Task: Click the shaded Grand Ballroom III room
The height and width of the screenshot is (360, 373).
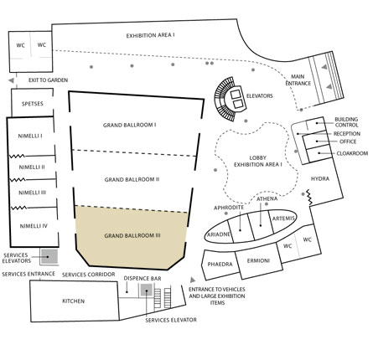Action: tap(132, 237)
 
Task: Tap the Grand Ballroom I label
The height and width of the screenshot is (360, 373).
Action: tap(130, 125)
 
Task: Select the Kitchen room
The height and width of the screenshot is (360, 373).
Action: tap(75, 301)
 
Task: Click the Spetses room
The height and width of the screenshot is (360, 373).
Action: tap(32, 103)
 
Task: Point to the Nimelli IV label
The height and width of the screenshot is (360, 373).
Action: tap(34, 226)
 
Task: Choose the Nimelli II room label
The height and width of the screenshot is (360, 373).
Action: tap(32, 167)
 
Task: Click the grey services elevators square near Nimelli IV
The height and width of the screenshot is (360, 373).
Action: tap(49, 256)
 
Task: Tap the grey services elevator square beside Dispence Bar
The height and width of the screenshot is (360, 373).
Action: tap(146, 291)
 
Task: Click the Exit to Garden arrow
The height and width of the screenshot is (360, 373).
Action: tap(11, 80)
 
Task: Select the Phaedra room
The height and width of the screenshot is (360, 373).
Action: tap(220, 265)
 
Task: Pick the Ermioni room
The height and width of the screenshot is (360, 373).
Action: tap(259, 260)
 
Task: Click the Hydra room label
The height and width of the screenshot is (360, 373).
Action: tap(320, 178)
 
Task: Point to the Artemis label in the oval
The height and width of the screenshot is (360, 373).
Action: tap(283, 219)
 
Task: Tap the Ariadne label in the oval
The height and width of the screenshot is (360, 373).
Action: tap(219, 234)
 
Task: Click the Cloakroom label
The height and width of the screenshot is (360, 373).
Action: tap(352, 153)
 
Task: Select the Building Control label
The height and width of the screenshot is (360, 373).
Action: tap(346, 122)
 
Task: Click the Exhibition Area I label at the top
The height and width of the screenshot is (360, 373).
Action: tap(150, 36)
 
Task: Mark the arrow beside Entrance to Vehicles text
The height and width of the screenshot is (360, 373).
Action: tap(193, 280)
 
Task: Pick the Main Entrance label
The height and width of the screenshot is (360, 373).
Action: tap(298, 80)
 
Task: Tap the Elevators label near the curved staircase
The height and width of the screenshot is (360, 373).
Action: tap(259, 96)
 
